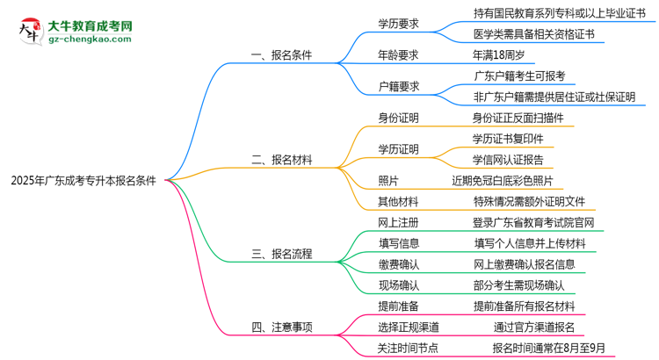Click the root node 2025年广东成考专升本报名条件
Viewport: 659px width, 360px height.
83,182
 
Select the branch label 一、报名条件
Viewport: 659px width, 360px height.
281,54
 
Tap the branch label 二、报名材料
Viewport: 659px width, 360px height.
281,160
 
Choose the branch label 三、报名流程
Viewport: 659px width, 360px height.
281,256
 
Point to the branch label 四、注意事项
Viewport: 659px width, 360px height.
281,328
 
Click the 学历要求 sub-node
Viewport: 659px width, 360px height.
398,24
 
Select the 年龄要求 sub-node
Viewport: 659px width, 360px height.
398,54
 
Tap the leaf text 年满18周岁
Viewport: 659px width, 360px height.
501,54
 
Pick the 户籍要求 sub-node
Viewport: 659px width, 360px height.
398,86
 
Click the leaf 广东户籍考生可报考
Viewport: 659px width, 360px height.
520,76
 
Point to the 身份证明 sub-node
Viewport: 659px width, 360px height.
398,118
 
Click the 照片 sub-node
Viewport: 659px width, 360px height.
387,181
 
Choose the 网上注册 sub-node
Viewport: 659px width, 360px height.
398,223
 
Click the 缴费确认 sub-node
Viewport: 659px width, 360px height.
398,263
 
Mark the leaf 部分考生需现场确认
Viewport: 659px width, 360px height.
518,284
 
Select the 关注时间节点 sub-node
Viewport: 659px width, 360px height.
408,348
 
